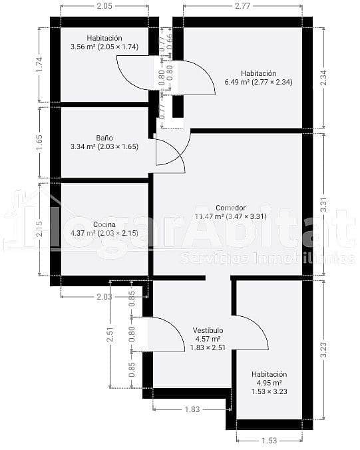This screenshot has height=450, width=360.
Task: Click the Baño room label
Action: [x=104, y=142]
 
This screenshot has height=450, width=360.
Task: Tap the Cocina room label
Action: [x=104, y=228]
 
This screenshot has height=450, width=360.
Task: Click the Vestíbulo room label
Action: [x=208, y=338]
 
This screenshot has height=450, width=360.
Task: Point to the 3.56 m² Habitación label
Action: [x=103, y=43]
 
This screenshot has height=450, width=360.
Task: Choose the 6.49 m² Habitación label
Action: [x=258, y=78]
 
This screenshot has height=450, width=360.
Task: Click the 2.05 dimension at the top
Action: [x=104, y=6]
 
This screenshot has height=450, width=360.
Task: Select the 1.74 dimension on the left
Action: [x=40, y=65]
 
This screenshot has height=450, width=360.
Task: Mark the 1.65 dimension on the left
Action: [x=40, y=142]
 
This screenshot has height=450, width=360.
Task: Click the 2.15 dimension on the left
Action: [x=40, y=228]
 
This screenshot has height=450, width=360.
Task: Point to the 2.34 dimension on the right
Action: [x=323, y=77]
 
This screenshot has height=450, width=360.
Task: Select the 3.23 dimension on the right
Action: [x=323, y=349]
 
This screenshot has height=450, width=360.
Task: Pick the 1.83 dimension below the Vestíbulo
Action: [x=192, y=409]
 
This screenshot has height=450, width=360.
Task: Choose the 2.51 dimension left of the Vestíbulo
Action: [x=110, y=334]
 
